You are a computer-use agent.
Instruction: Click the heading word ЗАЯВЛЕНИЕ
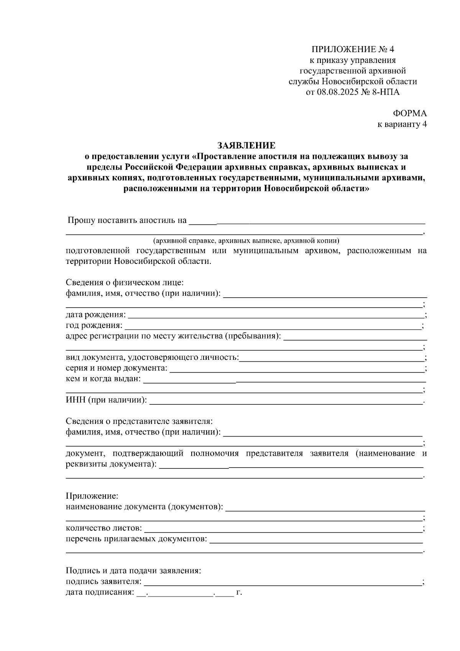[246, 145]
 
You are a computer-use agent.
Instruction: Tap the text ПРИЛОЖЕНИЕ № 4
[352, 49]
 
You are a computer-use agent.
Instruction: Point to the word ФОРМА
[409, 114]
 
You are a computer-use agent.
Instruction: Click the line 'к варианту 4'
[402, 124]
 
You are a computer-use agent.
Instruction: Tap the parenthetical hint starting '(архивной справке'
[246, 241]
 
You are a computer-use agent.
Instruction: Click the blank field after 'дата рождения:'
[276, 315]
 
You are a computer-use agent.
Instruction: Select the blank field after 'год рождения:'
[273, 326]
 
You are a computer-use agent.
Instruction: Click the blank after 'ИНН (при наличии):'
[286, 401]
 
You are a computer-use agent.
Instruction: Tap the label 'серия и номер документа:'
[117, 368]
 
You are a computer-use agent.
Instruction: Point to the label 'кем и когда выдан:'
[103, 379]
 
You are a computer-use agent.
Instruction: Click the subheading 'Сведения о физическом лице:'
[125, 283]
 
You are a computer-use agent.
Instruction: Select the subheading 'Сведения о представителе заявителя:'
[139, 421]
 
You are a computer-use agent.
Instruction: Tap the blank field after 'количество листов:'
[283, 529]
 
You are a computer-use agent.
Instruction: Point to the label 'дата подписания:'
[100, 592]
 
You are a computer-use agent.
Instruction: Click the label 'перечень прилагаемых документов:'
[136, 539]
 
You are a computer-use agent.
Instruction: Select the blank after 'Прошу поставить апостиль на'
[307, 221]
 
